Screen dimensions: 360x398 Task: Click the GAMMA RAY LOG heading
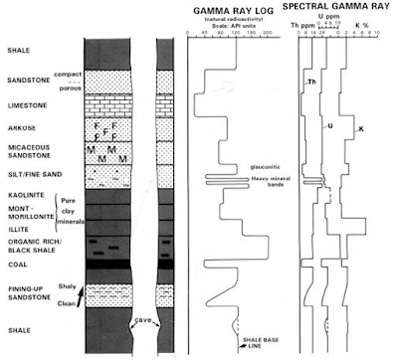coord(234,9)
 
